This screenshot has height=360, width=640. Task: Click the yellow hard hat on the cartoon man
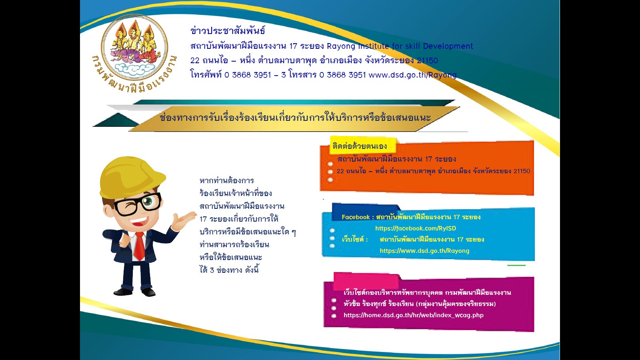[132, 177]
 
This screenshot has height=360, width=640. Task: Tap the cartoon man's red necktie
[140, 246]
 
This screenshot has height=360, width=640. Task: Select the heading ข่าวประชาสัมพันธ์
[228, 30]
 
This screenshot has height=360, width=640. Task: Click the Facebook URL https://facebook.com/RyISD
[416, 228]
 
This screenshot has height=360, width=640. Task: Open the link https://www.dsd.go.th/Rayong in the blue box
[424, 250]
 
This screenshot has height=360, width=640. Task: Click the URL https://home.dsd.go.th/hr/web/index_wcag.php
[414, 315]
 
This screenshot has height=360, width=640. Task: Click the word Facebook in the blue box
[356, 217]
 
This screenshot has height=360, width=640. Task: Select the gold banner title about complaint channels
[295, 118]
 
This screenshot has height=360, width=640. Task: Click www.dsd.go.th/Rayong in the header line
[412, 75]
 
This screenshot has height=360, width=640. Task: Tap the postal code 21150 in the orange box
[522, 171]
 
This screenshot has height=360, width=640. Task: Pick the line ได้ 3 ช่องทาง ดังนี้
[229, 270]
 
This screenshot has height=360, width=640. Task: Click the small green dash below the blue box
[516, 266]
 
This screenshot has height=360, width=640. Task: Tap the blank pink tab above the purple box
[366, 280]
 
